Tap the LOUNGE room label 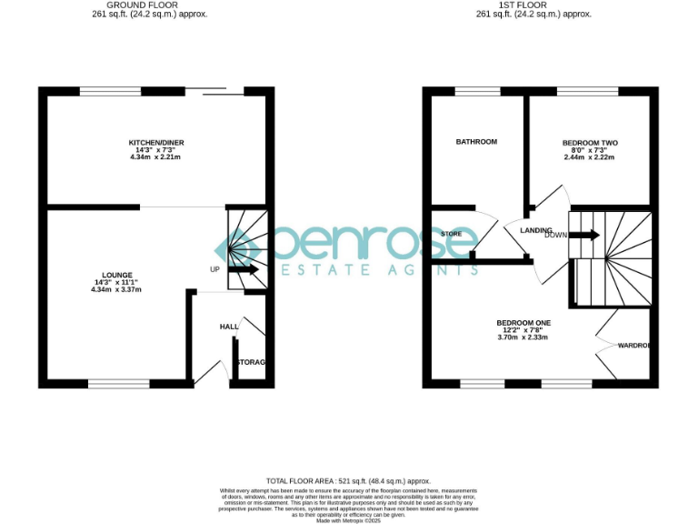click(x=117, y=275)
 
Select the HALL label click(x=229, y=326)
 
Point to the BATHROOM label click(x=476, y=142)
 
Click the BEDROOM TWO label click(x=589, y=143)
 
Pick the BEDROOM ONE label click(x=523, y=323)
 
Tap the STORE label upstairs click(x=451, y=234)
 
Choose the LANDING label click(x=536, y=230)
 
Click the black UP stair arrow click(x=244, y=269)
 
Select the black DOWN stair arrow click(x=584, y=235)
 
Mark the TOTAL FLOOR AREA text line click(x=348, y=480)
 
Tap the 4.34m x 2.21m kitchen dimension click(x=155, y=157)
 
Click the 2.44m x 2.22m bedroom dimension click(x=589, y=157)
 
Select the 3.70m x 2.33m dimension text click(x=523, y=338)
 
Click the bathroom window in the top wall click(x=471, y=90)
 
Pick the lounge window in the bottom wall click(x=113, y=384)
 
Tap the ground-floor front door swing click(x=212, y=372)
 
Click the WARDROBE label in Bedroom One click(x=633, y=346)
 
